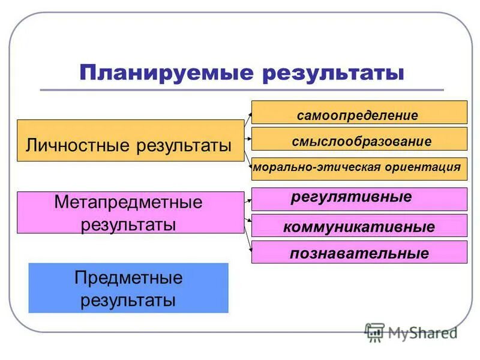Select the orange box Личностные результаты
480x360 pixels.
click(x=130, y=140)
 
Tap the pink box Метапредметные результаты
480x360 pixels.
click(x=130, y=212)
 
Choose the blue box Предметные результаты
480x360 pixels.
click(x=128, y=288)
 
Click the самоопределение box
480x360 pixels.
click(x=359, y=113)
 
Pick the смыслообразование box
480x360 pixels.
click(x=359, y=139)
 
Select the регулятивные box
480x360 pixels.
click(x=359, y=199)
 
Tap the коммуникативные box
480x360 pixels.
click(x=359, y=226)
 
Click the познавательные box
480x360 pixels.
click(x=359, y=252)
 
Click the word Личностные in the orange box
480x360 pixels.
click(x=79, y=146)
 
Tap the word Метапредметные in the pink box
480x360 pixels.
click(x=128, y=202)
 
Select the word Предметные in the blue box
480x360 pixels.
click(x=128, y=278)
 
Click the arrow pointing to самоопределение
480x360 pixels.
click(x=247, y=114)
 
